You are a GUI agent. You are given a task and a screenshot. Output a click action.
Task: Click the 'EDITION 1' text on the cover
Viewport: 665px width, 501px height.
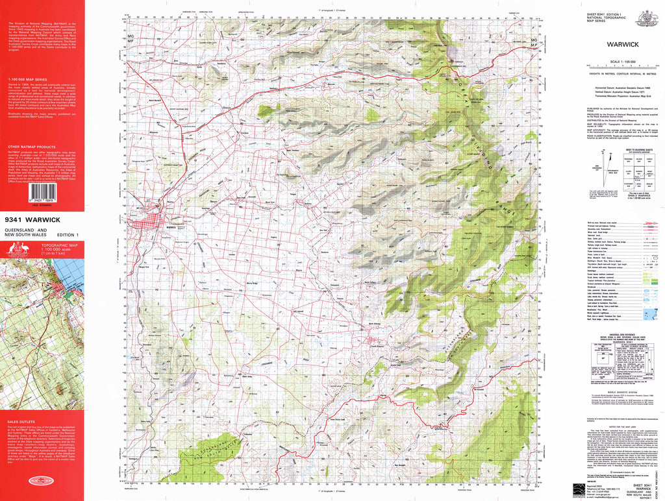(68, 234)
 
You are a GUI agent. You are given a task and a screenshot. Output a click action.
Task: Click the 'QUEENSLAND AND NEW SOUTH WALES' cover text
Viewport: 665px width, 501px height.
(25, 234)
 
